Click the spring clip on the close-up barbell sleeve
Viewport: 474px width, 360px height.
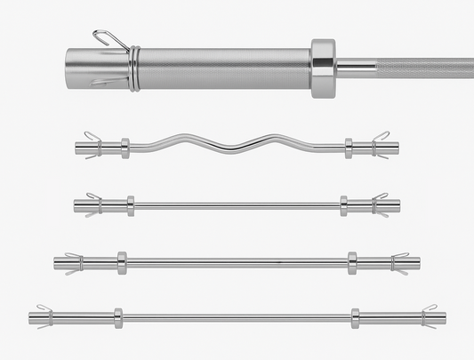[132, 67]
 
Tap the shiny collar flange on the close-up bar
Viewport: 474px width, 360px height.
[323, 63]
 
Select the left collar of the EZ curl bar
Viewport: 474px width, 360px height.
[125, 147]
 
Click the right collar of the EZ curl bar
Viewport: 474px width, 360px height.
[349, 147]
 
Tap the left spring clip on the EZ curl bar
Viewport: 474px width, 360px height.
[92, 145]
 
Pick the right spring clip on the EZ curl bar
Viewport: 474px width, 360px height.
[381, 145]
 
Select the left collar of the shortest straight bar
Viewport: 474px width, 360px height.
[131, 205]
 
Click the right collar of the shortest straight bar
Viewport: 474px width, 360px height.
[343, 205]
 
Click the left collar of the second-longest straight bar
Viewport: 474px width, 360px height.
[122, 262]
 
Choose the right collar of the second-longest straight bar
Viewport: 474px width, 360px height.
[352, 262]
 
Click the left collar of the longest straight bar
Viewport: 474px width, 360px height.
[117, 317]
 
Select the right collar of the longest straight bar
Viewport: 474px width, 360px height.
[356, 317]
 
